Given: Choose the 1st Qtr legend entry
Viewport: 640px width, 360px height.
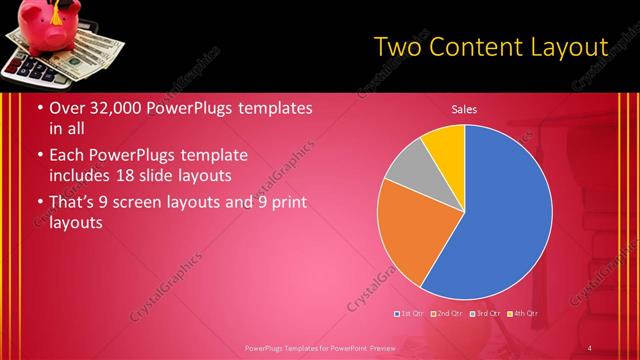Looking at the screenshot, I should (x=411, y=315).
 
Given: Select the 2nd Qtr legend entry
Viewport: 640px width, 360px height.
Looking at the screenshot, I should (x=446, y=315).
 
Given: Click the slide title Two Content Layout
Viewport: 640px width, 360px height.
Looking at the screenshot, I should (x=490, y=46).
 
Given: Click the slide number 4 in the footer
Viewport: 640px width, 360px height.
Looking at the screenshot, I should (x=590, y=347).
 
